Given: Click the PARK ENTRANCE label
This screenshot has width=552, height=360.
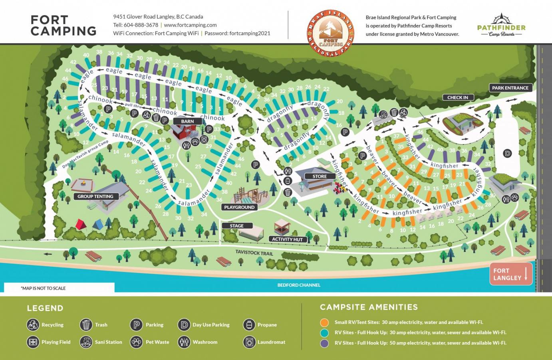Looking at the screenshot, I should pyautogui.click(x=510, y=88).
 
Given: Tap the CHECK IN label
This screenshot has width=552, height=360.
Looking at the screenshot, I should pyautogui.click(x=458, y=97).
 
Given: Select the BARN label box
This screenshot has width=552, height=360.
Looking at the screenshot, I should pyautogui.click(x=187, y=121).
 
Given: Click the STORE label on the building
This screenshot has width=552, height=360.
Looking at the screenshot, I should pyautogui.click(x=320, y=176).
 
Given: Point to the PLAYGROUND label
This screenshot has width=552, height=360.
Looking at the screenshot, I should pyautogui.click(x=239, y=207).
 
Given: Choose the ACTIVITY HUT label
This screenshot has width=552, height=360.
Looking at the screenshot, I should pyautogui.click(x=287, y=239).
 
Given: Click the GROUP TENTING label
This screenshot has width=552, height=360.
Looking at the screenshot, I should pyautogui.click(x=95, y=196).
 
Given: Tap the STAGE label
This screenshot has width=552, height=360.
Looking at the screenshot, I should pyautogui.click(x=237, y=225).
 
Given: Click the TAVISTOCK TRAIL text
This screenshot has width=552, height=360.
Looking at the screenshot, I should pyautogui.click(x=254, y=253).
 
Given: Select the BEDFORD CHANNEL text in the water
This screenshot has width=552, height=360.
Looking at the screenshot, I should pyautogui.click(x=299, y=285).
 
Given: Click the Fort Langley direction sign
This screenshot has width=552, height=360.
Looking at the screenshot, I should pyautogui.click(x=510, y=274).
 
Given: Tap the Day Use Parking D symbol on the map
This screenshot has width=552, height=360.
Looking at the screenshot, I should pyautogui.click(x=507, y=153).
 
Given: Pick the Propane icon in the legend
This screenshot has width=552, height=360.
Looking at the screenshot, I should pyautogui.click(x=249, y=324).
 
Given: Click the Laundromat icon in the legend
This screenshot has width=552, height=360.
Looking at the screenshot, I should pyautogui.click(x=249, y=342).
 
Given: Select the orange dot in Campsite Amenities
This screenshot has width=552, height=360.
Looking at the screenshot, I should pyautogui.click(x=324, y=322).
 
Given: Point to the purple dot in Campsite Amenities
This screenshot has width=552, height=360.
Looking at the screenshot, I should pyautogui.click(x=324, y=343).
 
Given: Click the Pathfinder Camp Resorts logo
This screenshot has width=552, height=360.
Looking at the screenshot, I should pyautogui.click(x=501, y=26).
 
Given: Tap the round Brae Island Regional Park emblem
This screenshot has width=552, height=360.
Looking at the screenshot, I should pyautogui.click(x=330, y=33).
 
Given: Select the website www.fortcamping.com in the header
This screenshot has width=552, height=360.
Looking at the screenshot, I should pyautogui.click(x=190, y=25).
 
